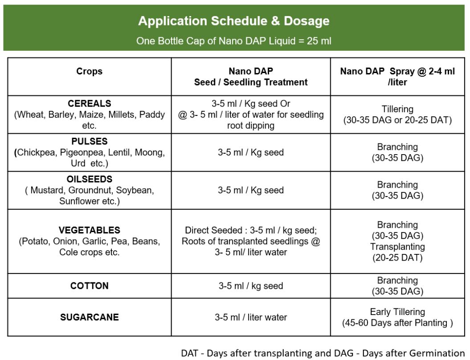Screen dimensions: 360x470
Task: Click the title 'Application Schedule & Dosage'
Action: [234, 21]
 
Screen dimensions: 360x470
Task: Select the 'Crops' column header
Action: [89, 71]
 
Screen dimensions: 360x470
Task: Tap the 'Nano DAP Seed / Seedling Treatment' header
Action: [251, 77]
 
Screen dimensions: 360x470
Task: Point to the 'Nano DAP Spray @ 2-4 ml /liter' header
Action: [397, 77]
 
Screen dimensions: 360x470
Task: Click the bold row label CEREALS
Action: [90, 103]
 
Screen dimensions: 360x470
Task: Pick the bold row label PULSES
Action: [90, 141]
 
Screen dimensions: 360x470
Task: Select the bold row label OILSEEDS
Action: [90, 180]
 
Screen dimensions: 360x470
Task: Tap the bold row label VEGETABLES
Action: [90, 230]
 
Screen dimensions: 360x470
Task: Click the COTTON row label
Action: [90, 286]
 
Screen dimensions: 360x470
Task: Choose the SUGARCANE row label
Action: [90, 317]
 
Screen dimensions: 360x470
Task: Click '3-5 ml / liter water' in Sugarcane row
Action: [251, 317]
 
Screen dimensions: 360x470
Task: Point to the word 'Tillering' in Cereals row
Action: [397, 109]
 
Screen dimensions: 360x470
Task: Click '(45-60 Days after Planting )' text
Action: [397, 323]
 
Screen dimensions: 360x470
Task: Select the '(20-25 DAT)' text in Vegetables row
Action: [397, 258]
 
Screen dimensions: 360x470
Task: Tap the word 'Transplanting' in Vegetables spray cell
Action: [397, 246]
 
